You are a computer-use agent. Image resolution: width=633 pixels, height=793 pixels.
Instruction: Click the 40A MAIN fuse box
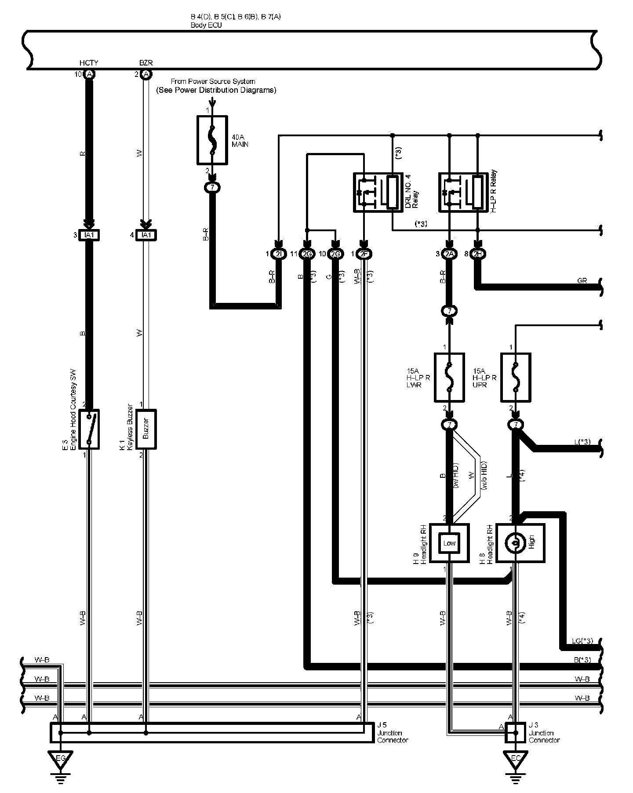(x=212, y=140)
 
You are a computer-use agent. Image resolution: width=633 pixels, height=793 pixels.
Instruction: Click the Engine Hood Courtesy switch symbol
(x=89, y=429)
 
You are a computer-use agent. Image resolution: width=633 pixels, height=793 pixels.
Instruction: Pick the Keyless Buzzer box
(x=146, y=429)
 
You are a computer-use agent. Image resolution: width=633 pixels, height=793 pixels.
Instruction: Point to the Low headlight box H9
(x=449, y=543)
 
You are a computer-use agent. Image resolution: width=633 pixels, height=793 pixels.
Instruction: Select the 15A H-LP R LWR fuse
(x=449, y=377)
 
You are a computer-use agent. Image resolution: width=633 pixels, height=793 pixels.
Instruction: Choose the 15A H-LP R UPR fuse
(x=516, y=377)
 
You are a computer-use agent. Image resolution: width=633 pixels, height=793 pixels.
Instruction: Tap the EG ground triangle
(x=60, y=759)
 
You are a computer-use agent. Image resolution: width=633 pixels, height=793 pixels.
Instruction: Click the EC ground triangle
(x=516, y=759)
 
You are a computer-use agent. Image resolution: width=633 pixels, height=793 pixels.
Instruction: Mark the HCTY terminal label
(x=89, y=63)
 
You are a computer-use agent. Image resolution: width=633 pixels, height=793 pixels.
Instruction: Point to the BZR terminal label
(x=146, y=63)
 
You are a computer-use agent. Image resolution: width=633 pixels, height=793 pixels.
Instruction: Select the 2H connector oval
(x=477, y=254)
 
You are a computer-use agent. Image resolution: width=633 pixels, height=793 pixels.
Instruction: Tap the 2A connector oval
(x=449, y=254)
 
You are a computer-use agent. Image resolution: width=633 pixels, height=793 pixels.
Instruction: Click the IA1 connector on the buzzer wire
(x=146, y=235)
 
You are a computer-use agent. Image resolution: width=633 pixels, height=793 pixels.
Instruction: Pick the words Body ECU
(x=206, y=25)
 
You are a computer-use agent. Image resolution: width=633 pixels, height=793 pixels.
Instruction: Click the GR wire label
(x=582, y=280)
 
